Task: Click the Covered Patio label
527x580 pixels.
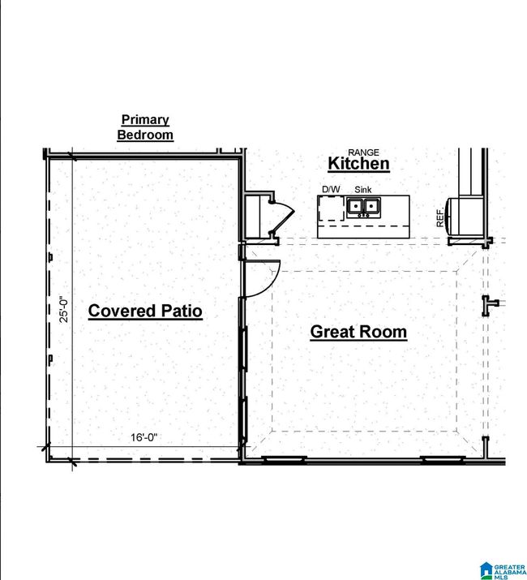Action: (145, 311)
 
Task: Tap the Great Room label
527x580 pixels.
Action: (358, 332)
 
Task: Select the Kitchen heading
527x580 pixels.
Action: (358, 164)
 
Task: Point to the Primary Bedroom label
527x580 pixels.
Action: (145, 127)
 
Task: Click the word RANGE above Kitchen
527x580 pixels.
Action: (363, 153)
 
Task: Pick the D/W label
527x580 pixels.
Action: (331, 189)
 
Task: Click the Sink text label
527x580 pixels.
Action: (362, 190)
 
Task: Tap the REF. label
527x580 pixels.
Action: (439, 218)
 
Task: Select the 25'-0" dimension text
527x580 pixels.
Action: (64, 309)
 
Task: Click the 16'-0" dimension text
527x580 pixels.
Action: (144, 437)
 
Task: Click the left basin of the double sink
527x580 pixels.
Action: (355, 205)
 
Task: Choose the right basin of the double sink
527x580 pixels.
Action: (371, 205)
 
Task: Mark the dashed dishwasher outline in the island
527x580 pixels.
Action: (332, 208)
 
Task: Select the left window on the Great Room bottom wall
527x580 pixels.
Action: (284, 460)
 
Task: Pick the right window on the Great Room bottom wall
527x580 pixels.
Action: (443, 460)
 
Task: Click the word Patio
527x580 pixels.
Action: (182, 311)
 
